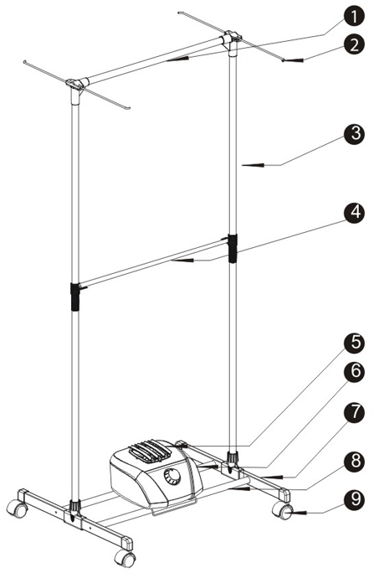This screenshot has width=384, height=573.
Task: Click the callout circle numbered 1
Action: coord(353,16)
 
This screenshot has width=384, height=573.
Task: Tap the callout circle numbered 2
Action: coord(353,44)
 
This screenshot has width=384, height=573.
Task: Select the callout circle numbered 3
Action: coord(353,133)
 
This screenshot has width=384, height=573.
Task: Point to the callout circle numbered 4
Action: coord(353,212)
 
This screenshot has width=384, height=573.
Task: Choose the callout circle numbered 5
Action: coord(353,343)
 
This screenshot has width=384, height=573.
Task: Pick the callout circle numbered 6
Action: coord(353,371)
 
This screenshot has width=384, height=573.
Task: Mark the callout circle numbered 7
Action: coord(353,412)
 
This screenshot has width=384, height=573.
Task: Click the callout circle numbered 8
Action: coord(353,462)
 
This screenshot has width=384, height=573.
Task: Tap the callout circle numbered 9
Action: coord(353,498)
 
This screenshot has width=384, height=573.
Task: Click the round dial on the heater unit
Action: coord(172,477)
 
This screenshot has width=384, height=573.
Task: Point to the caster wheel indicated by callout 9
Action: coord(284,510)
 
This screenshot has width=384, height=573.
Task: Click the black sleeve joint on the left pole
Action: coord(75,297)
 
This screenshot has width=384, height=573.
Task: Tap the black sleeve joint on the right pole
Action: coord(233,249)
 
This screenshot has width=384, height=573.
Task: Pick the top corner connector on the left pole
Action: coord(77,87)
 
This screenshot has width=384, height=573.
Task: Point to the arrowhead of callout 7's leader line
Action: coord(273,477)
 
